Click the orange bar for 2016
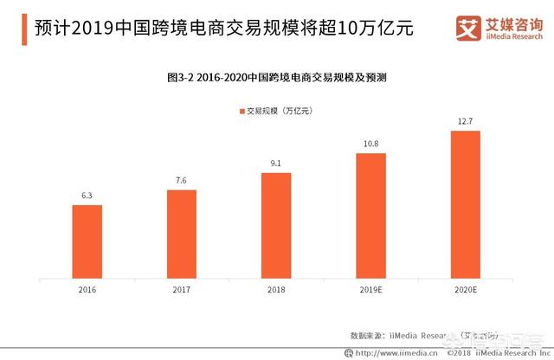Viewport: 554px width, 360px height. [87, 242]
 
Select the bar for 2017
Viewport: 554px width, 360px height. [182, 235]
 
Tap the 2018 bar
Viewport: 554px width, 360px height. [276, 226]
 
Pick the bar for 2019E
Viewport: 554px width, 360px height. [371, 216]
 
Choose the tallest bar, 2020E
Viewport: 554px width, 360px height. [466, 206]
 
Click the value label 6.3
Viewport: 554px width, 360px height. [87, 196]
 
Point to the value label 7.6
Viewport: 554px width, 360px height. [182, 181]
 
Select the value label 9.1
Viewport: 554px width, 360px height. [276, 164]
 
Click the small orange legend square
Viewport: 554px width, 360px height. [242, 111]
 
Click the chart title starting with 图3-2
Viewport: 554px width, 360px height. [276, 77]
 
